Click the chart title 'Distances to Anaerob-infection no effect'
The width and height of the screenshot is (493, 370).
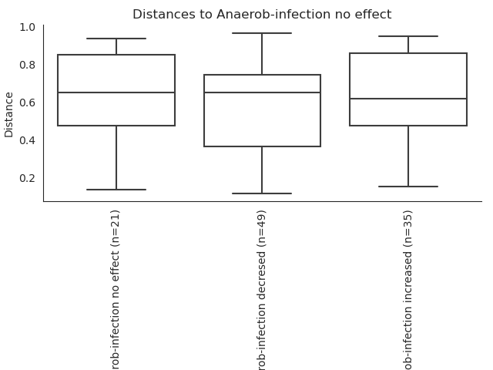tap(262, 14)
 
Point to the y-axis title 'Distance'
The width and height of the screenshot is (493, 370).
tap(8, 115)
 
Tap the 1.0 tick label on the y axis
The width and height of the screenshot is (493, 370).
tap(28, 28)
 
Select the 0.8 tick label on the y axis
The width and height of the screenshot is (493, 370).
tap(28, 65)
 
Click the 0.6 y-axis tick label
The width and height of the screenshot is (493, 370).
tap(28, 103)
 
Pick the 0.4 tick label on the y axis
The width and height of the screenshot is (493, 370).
tap(28, 140)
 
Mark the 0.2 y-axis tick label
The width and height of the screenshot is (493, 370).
tap(28, 178)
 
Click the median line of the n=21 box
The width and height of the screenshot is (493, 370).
tap(116, 92)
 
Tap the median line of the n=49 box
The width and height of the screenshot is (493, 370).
tap(262, 92)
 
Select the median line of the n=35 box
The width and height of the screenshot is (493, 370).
tap(408, 99)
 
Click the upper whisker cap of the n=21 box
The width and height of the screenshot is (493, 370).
tap(116, 39)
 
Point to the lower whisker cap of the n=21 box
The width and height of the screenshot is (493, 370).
tap(116, 190)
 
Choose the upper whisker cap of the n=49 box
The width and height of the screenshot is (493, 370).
tap(262, 33)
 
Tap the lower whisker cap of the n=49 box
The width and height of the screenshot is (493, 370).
tap(262, 193)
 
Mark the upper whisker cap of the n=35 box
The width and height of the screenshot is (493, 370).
tap(408, 36)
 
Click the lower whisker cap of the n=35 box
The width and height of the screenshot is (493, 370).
tap(408, 187)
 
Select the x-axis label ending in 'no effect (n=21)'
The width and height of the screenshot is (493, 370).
tap(115, 290)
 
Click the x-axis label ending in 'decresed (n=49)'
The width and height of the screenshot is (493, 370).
tap(261, 290)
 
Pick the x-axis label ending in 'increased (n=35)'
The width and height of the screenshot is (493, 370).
tap(407, 290)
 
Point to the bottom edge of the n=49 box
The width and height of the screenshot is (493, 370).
tap(262, 146)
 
